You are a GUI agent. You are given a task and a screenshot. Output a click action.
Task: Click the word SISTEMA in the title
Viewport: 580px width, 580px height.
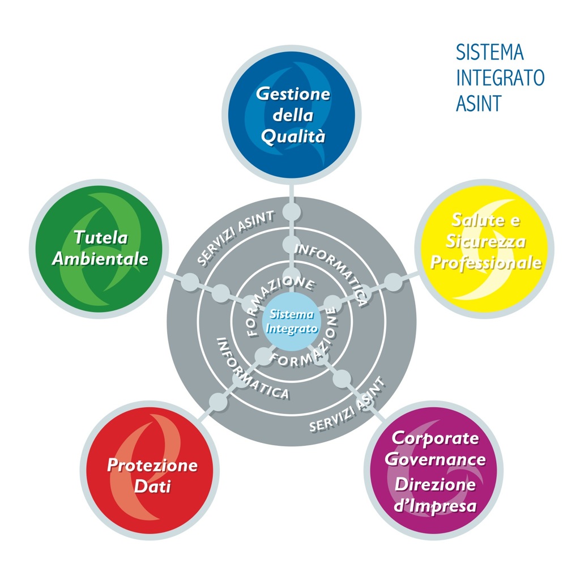tap(490, 53)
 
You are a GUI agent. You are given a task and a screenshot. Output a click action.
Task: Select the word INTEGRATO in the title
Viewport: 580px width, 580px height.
tap(500, 78)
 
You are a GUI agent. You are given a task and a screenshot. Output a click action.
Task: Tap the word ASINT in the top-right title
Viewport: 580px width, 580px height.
tap(479, 104)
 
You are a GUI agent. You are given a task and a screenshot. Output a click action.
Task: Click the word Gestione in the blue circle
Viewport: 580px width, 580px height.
tap(293, 93)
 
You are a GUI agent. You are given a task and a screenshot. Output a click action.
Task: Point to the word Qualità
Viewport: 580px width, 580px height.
tap(293, 137)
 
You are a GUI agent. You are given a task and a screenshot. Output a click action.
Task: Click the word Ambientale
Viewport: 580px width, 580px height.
tap(100, 259)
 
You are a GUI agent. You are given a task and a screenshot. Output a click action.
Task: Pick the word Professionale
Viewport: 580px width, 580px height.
tap(485, 263)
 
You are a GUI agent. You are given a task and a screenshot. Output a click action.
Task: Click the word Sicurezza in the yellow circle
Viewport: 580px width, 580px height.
tap(485, 241)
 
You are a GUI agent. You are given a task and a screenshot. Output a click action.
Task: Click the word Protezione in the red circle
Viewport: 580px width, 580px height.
tap(152, 466)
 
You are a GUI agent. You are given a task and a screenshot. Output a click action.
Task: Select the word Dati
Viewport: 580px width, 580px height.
tap(152, 486)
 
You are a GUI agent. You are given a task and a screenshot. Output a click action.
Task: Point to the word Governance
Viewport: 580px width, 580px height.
tap(436, 459)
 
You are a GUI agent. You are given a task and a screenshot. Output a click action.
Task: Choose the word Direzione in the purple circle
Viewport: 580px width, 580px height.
tap(436, 485)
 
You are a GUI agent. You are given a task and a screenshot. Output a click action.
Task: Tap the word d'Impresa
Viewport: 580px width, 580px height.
tap(436, 506)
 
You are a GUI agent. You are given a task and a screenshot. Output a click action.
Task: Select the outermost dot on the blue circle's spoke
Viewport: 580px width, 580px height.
tap(291, 212)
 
